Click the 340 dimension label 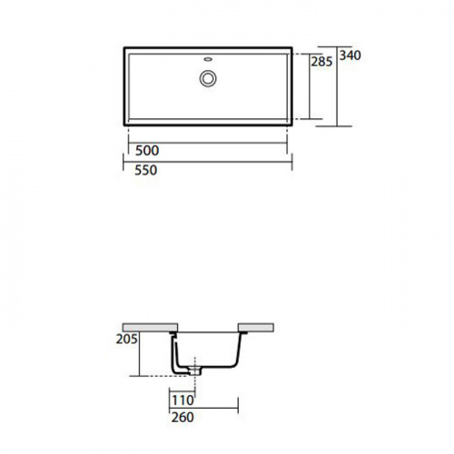click(x=350, y=55)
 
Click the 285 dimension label click(x=321, y=62)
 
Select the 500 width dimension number click(x=147, y=151)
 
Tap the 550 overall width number click(x=146, y=170)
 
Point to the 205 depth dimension click(x=127, y=339)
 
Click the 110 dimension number click(x=183, y=400)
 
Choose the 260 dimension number click(x=183, y=418)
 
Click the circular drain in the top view click(x=208, y=78)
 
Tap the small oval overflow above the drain click(x=208, y=59)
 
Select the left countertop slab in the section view click(x=150, y=328)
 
